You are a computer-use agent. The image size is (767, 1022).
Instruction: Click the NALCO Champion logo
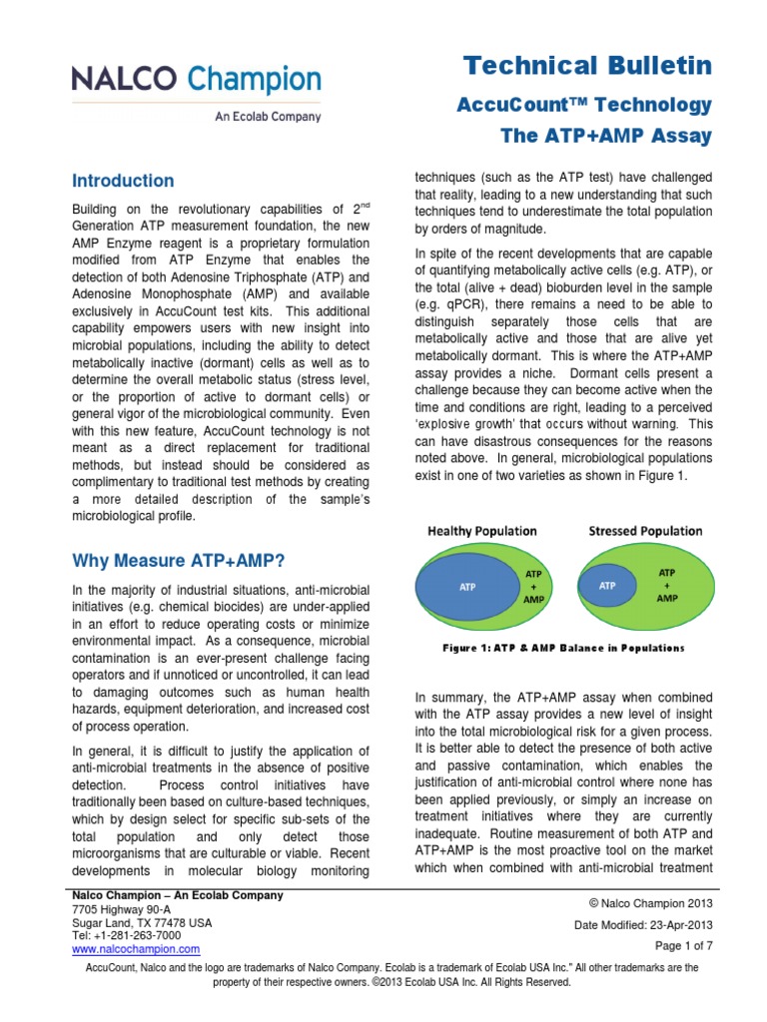tap(196, 80)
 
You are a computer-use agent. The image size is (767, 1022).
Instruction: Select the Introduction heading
tap(123, 181)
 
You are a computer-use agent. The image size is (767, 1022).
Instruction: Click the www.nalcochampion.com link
tap(136, 949)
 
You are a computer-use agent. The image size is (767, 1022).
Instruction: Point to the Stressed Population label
tap(646, 531)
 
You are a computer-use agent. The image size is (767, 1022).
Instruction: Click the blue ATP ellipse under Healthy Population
tap(467, 587)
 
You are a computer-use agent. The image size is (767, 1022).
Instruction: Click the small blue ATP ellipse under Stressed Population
tap(607, 586)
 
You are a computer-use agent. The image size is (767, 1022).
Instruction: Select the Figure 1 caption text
tap(563, 648)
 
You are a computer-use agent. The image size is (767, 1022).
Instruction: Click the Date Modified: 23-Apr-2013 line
tap(643, 925)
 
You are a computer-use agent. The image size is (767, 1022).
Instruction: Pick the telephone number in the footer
tap(126, 935)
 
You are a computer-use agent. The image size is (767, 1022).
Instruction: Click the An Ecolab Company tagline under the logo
tap(268, 116)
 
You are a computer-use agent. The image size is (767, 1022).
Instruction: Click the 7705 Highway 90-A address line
tap(121, 909)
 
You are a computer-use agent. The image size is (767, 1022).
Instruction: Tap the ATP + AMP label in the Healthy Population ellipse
tap(534, 587)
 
